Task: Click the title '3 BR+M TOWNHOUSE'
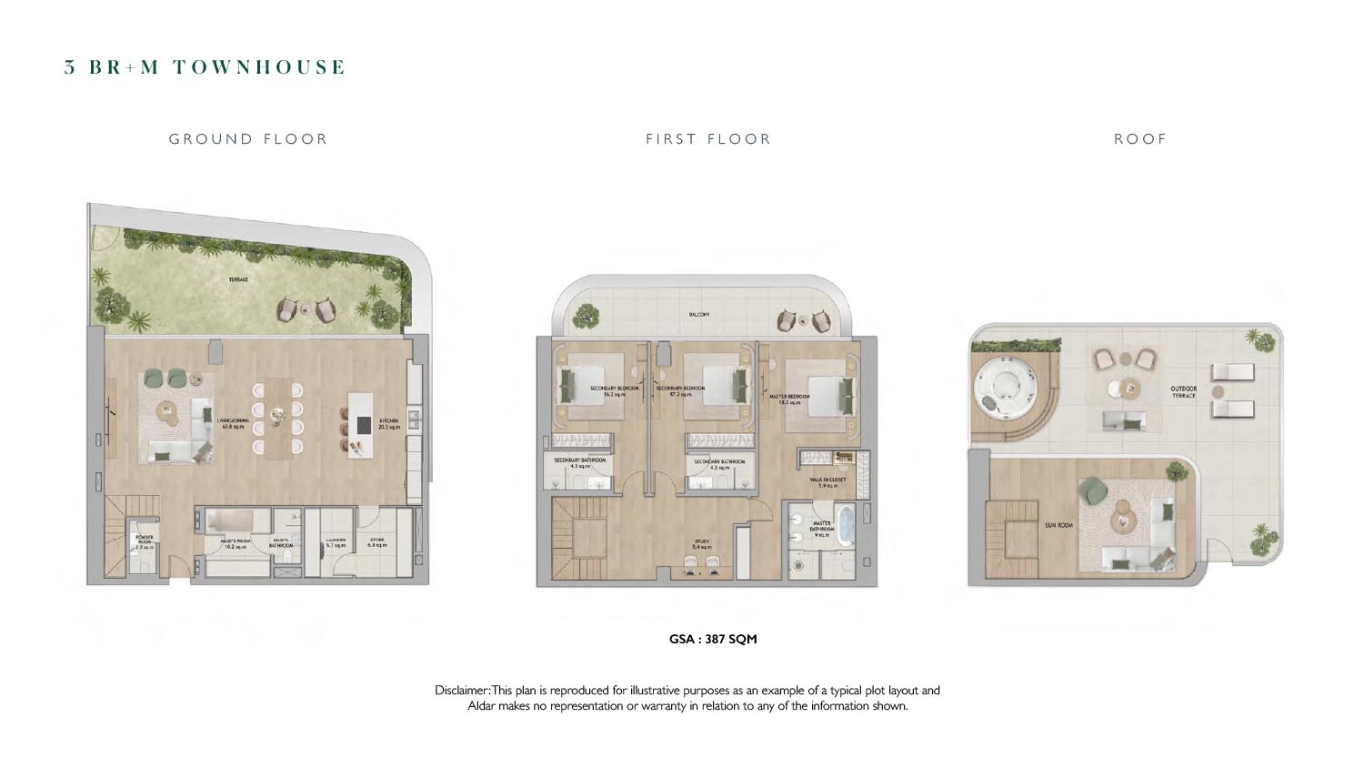205,67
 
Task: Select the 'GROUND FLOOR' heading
248,139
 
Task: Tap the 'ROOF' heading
1140,139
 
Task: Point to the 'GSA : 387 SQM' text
713,639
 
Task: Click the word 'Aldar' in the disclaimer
481,706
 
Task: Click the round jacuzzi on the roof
999,389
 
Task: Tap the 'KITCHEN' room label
388,422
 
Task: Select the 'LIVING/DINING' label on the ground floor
233,422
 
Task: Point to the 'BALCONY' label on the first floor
699,315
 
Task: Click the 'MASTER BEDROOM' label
789,399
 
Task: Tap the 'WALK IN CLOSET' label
827,481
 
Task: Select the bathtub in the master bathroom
845,527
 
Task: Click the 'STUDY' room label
702,543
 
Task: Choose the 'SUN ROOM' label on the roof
1059,525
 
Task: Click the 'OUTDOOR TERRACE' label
1184,392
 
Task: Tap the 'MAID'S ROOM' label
234,544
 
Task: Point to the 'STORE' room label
376,542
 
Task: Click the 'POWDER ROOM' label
144,541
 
